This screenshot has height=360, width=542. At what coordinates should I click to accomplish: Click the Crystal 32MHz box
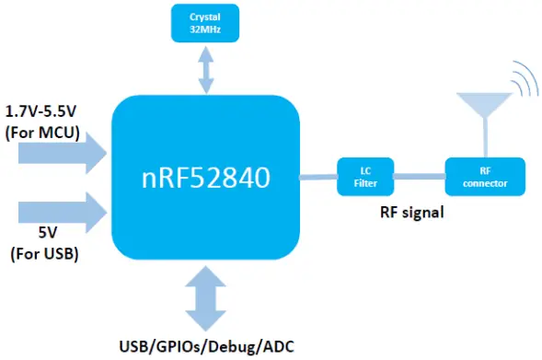click(204, 22)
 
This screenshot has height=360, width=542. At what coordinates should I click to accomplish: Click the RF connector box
click(485, 175)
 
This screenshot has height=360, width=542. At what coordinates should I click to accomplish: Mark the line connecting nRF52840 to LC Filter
click(318, 174)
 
